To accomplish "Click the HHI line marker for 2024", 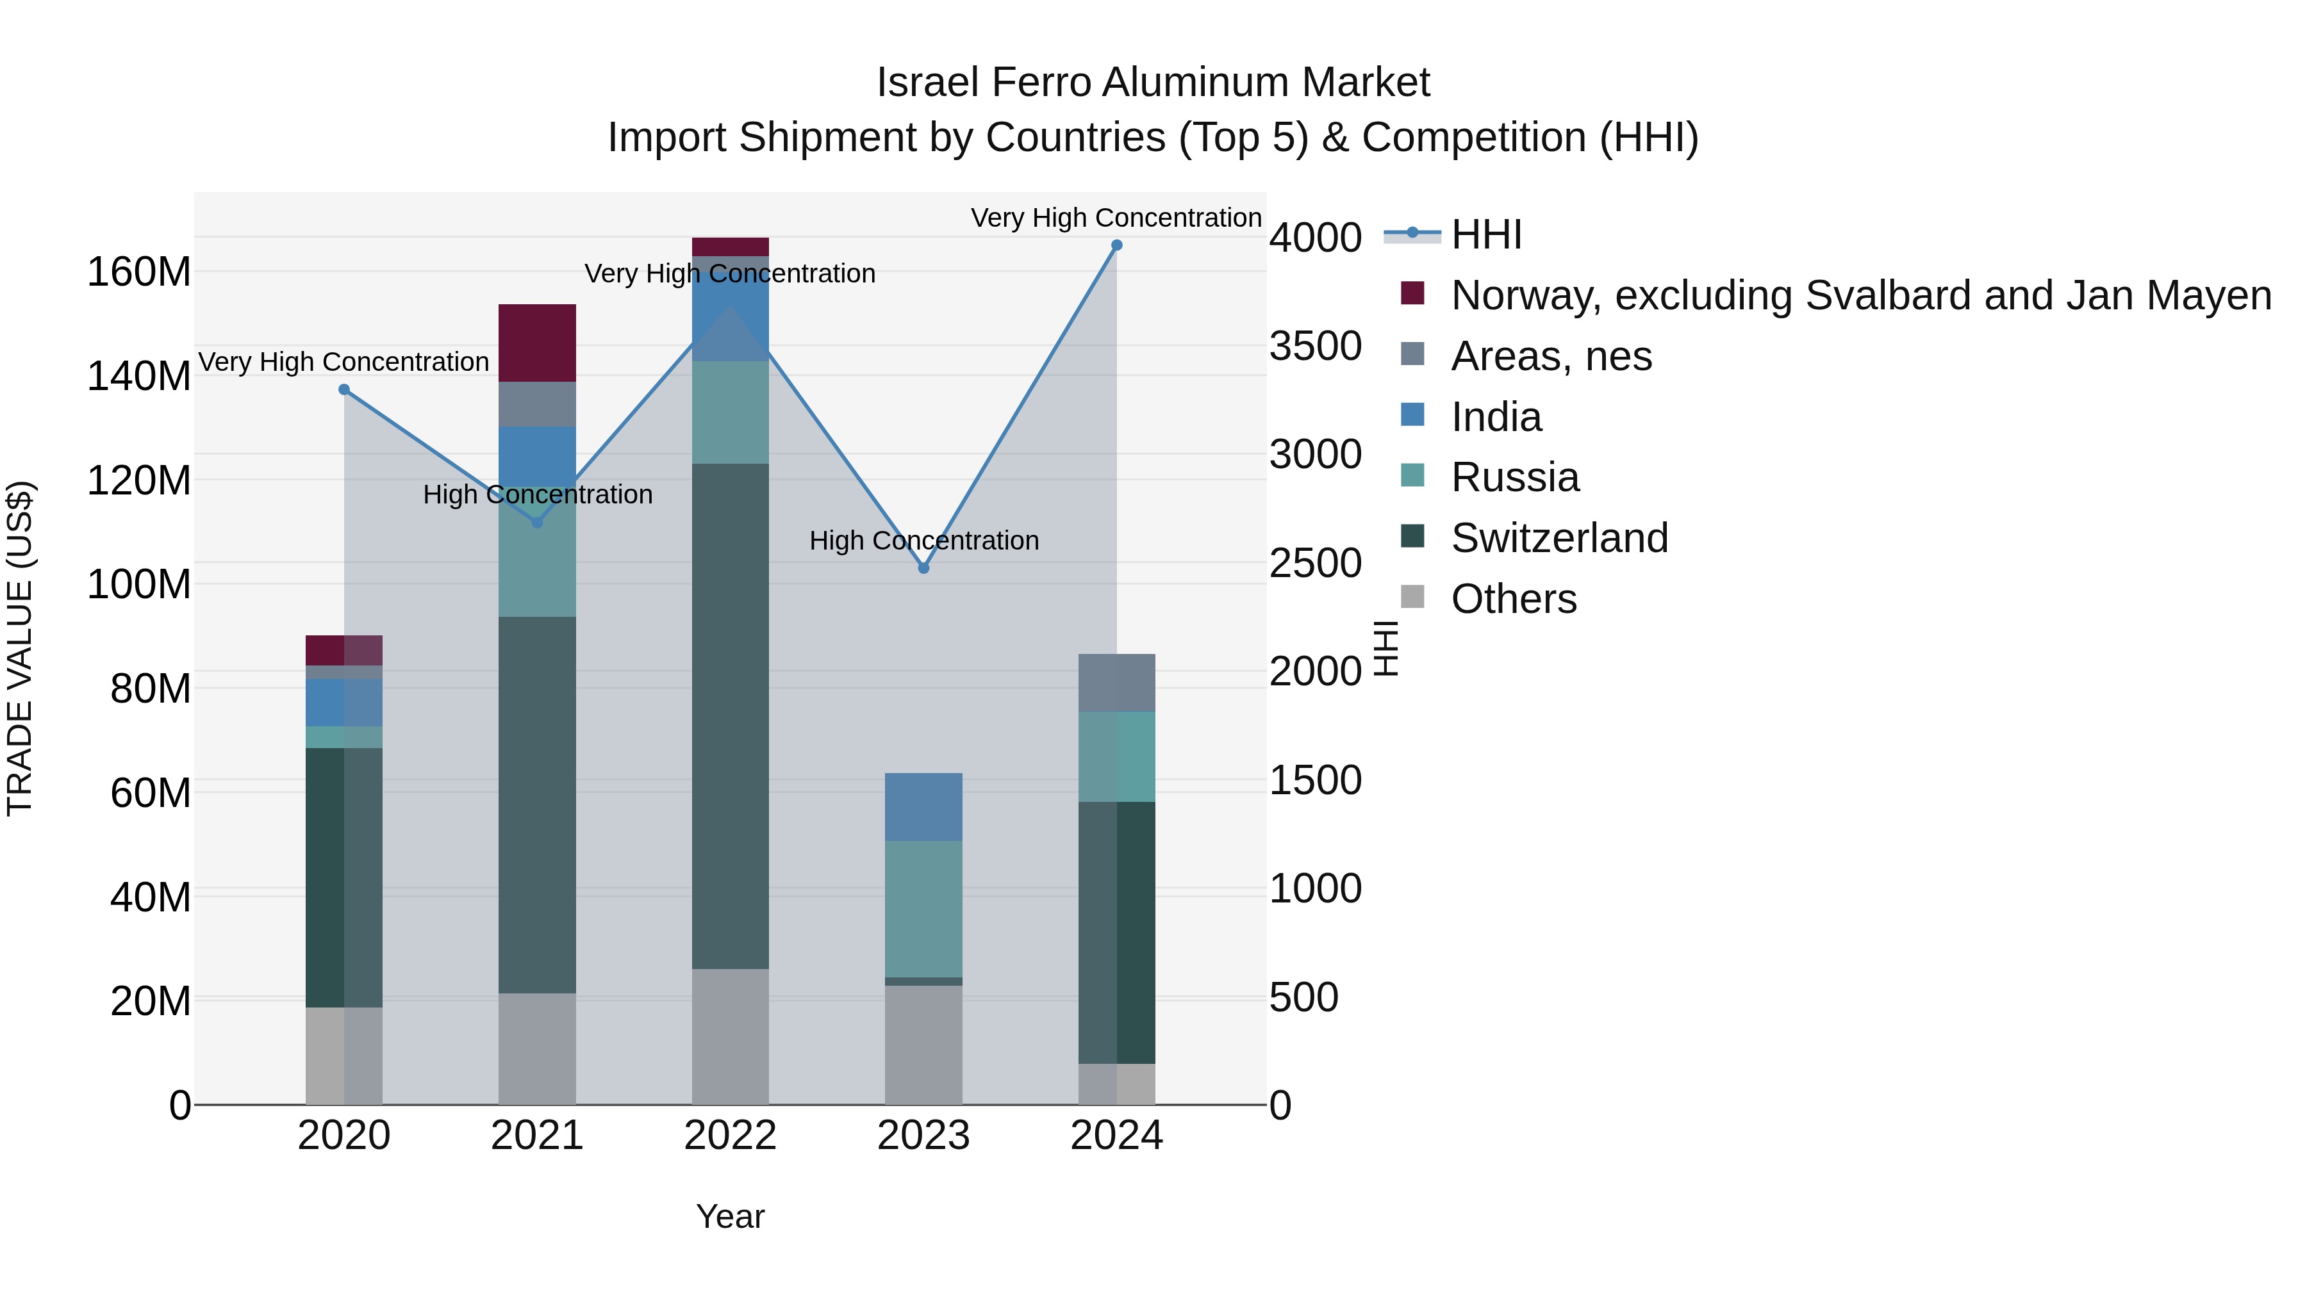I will pos(1116,245).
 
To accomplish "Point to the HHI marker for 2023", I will pos(923,568).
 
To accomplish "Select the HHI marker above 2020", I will pos(344,389).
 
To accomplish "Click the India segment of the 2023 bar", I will pos(923,806).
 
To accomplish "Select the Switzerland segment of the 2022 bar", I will pos(730,716).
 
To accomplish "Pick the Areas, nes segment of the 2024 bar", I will pos(1116,682).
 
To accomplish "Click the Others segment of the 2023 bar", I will pos(923,1045).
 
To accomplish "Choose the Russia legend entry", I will pos(1514,477).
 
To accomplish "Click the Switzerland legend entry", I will pos(1559,538).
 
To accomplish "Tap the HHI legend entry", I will pos(1485,234).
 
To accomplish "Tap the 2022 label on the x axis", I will pos(730,1136).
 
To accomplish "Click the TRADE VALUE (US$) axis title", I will pos(20,648).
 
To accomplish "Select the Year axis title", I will pos(730,1216).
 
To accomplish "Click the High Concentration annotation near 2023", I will pos(923,541).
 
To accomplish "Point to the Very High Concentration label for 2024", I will pos(1116,218).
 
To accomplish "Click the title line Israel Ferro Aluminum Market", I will pos(1153,83).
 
